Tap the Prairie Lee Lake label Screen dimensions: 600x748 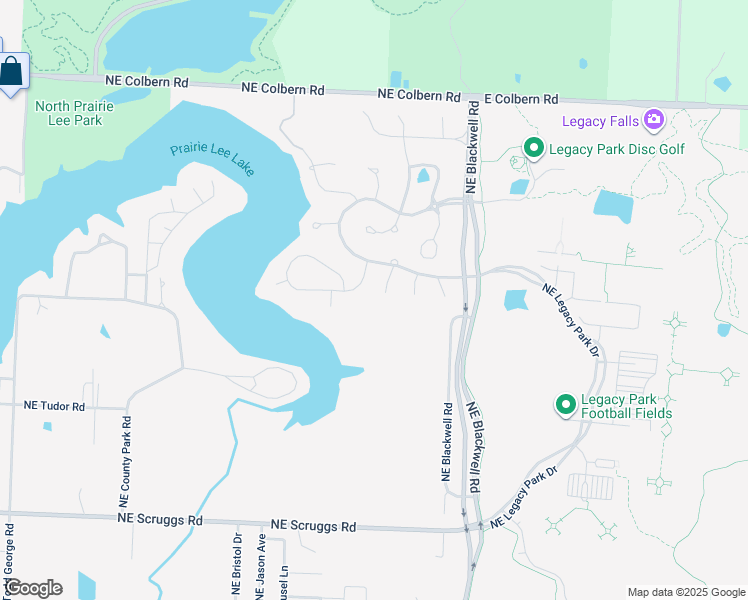point(212,156)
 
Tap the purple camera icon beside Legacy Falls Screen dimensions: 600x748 point(653,121)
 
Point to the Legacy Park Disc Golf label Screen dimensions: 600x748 point(610,150)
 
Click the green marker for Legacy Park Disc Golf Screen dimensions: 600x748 point(534,150)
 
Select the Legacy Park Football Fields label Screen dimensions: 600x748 point(626,405)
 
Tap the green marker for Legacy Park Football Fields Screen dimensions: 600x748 point(565,405)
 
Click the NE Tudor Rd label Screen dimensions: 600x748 point(55,407)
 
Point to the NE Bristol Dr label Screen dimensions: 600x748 point(238,565)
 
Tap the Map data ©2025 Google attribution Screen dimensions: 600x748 point(685,592)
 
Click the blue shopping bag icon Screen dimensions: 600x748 point(12,71)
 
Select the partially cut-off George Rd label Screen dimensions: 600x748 point(9,560)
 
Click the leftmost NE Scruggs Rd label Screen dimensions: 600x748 point(160,520)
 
